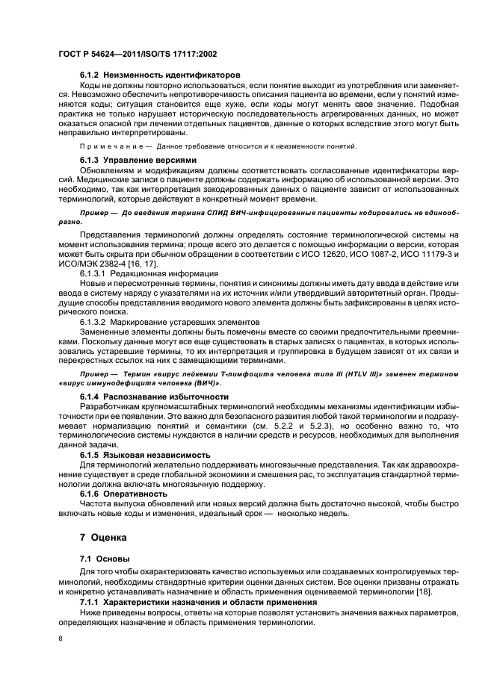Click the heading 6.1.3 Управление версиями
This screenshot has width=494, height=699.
(138, 160)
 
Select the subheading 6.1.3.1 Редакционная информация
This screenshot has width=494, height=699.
(149, 274)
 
